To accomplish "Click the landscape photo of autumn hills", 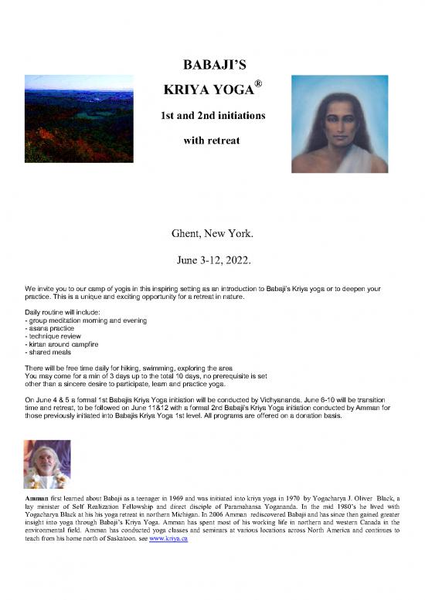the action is pyautogui.click(x=79, y=118).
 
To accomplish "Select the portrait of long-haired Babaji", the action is pyautogui.click(x=339, y=124).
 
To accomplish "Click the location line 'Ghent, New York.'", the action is pyautogui.click(x=212, y=232).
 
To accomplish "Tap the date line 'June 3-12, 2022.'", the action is pyautogui.click(x=212, y=259).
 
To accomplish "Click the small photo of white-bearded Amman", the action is pyautogui.click(x=47, y=464).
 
